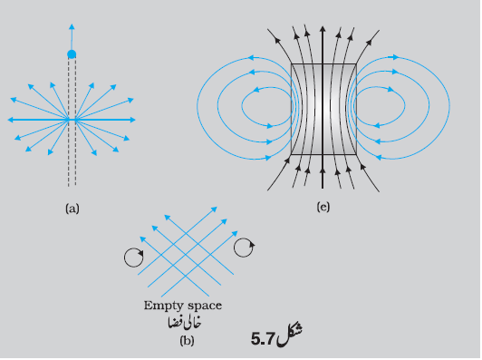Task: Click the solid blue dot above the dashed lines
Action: pyautogui.click(x=72, y=54)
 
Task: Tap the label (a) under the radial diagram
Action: pyautogui.click(x=72, y=209)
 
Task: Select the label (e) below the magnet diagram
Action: pyautogui.click(x=323, y=207)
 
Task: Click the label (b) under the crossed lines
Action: pyautogui.click(x=187, y=341)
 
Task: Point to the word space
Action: pyautogui.click(x=205, y=306)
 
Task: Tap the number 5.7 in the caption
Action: pyautogui.click(x=263, y=339)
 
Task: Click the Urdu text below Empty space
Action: pyautogui.click(x=185, y=323)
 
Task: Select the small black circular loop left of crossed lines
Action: pyautogui.click(x=134, y=258)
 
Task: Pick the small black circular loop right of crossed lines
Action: pyautogui.click(x=244, y=248)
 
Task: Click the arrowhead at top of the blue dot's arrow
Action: pyautogui.click(x=72, y=26)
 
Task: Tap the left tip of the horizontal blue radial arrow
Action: pyautogui.click(x=8, y=120)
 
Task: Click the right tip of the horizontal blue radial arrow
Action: pyautogui.click(x=135, y=120)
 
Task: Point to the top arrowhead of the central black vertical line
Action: pyautogui.click(x=323, y=29)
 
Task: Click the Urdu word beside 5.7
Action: pyautogui.click(x=289, y=334)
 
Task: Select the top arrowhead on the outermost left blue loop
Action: pyautogui.click(x=251, y=57)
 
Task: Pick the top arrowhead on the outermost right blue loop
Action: pyautogui.click(x=396, y=57)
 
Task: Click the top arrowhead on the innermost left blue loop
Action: pyautogui.click(x=256, y=90)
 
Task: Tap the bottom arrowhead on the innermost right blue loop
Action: pyautogui.click(x=376, y=125)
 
